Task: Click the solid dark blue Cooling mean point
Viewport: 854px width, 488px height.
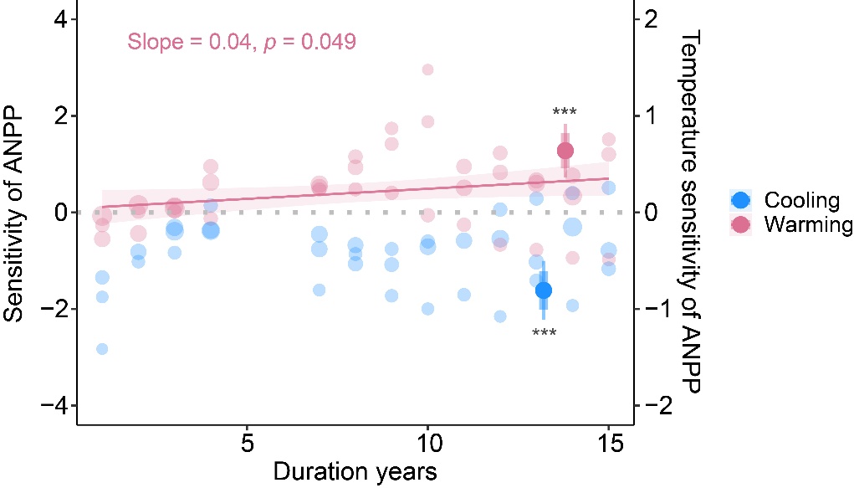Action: [x=544, y=290]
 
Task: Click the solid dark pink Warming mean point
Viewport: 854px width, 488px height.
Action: [x=565, y=151]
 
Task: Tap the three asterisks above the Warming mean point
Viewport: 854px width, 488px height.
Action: [x=565, y=113]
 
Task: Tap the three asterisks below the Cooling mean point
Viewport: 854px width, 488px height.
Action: [x=545, y=334]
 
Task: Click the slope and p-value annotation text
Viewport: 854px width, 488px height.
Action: [x=242, y=41]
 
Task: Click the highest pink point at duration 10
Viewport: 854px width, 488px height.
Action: [x=427, y=69]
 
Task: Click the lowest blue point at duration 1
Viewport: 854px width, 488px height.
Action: [x=102, y=349]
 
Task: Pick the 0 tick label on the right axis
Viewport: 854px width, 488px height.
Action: [x=650, y=213]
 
